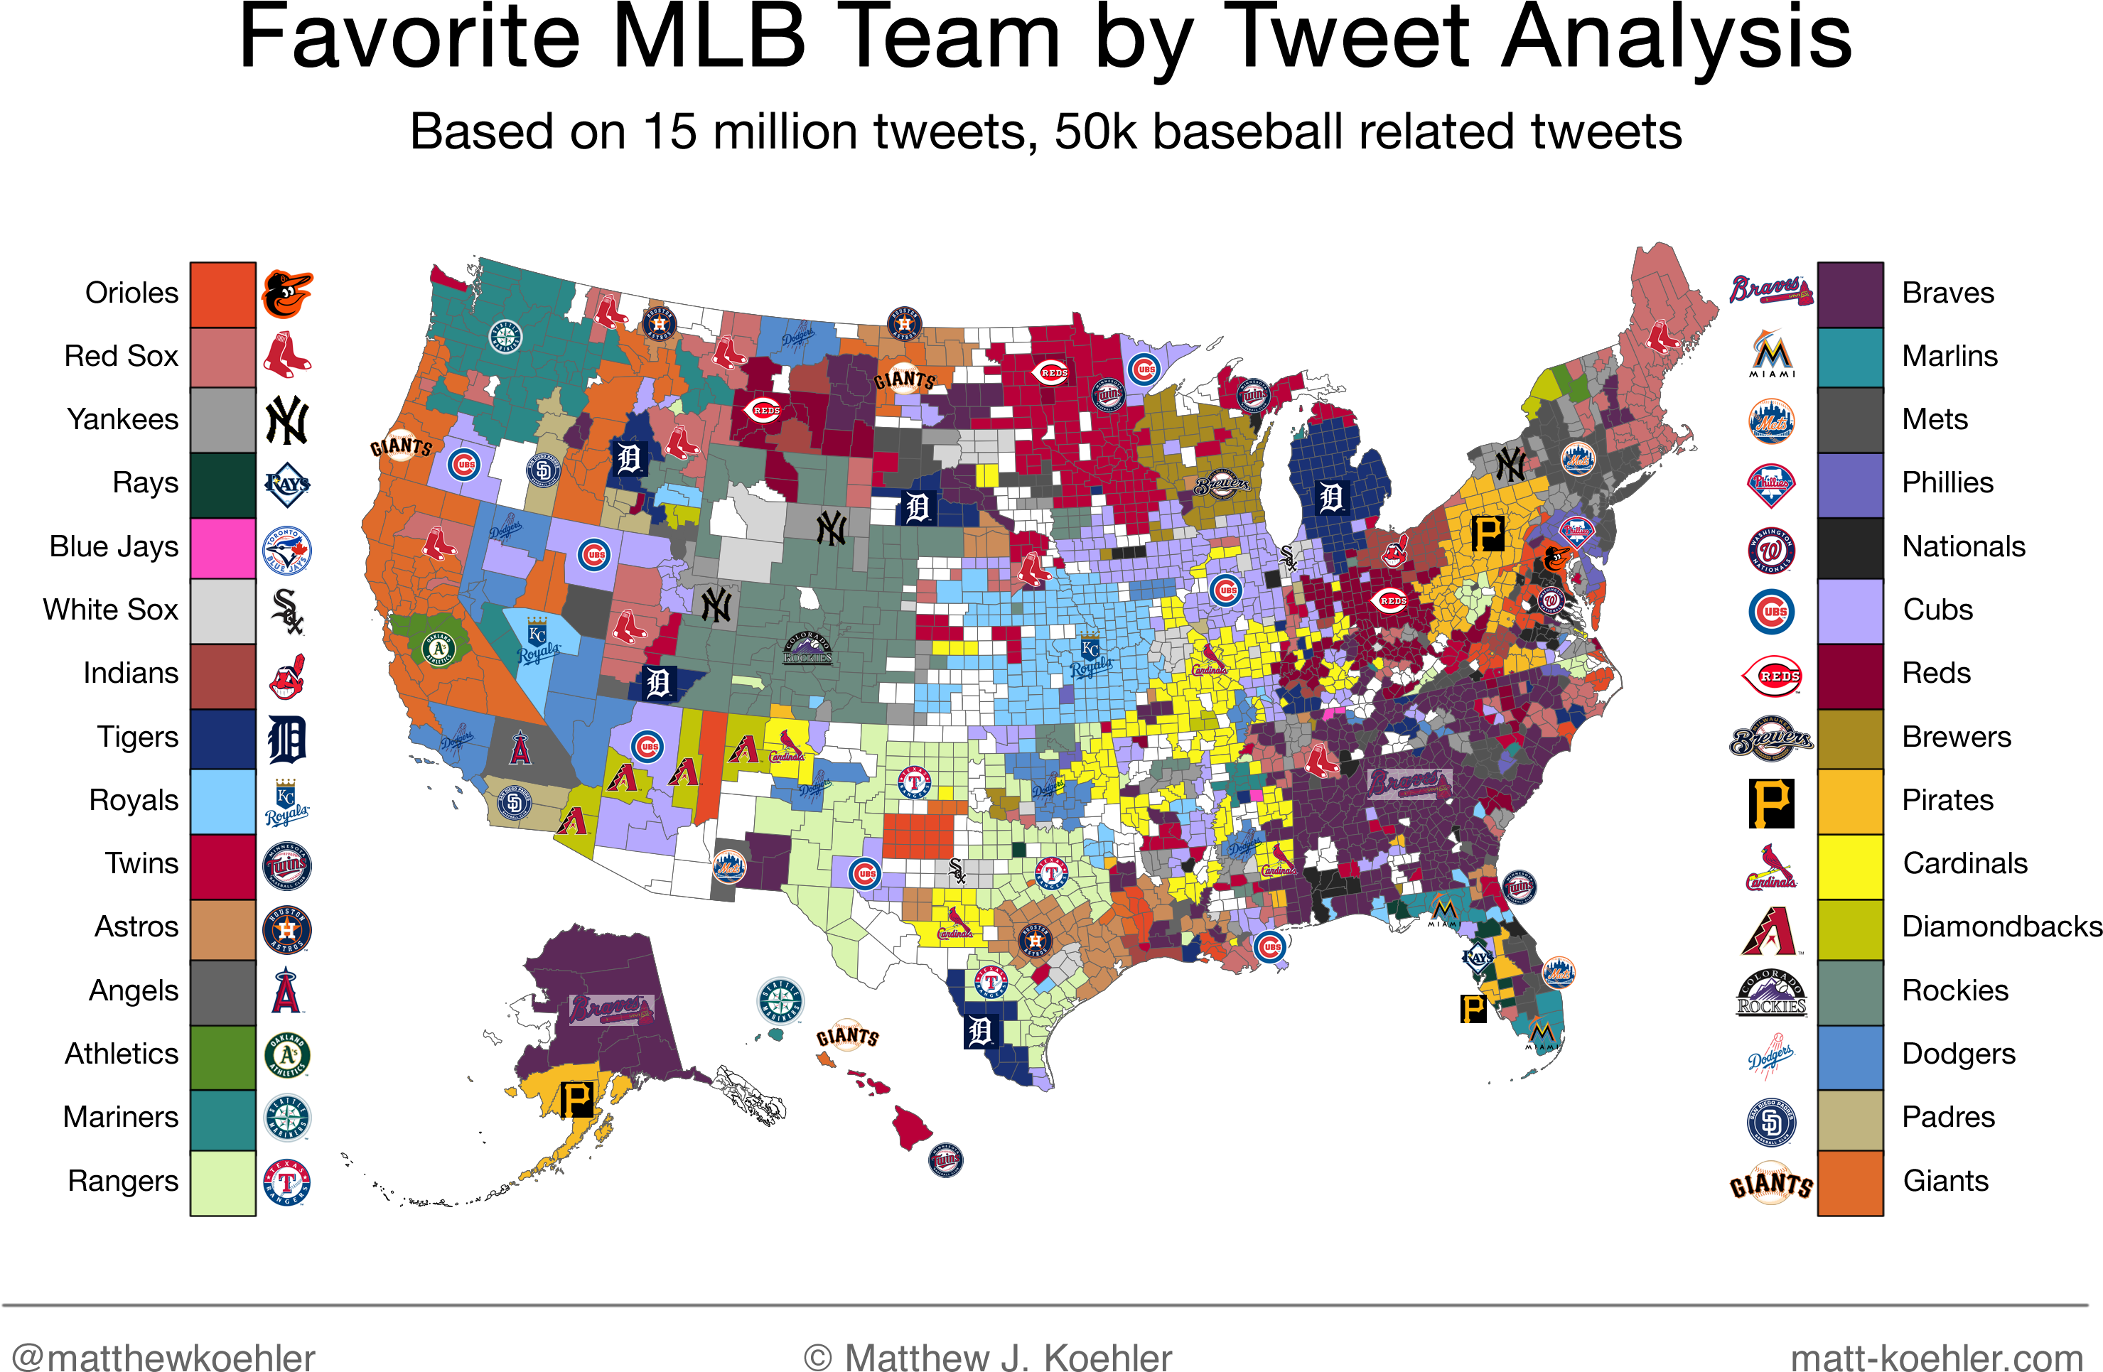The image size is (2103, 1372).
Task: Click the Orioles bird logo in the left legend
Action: point(286,294)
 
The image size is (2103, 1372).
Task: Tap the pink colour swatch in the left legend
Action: point(222,548)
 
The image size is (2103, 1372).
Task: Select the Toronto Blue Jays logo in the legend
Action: point(286,551)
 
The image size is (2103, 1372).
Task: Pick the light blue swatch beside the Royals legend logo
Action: point(222,801)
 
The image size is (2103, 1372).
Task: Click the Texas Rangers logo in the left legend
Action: point(286,1182)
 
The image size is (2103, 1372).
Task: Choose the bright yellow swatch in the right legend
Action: point(1850,866)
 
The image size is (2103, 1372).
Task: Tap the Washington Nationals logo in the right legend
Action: point(1772,551)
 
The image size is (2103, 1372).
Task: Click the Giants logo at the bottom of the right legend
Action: point(1772,1184)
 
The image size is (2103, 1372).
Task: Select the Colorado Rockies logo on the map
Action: point(807,649)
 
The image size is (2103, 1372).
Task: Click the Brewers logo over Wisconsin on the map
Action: point(1222,484)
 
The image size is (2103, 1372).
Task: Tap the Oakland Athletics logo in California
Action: point(439,649)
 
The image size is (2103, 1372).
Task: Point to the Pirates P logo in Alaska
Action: point(577,1100)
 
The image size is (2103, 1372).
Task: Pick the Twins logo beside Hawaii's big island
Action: point(945,1159)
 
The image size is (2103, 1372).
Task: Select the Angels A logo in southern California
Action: point(520,748)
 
